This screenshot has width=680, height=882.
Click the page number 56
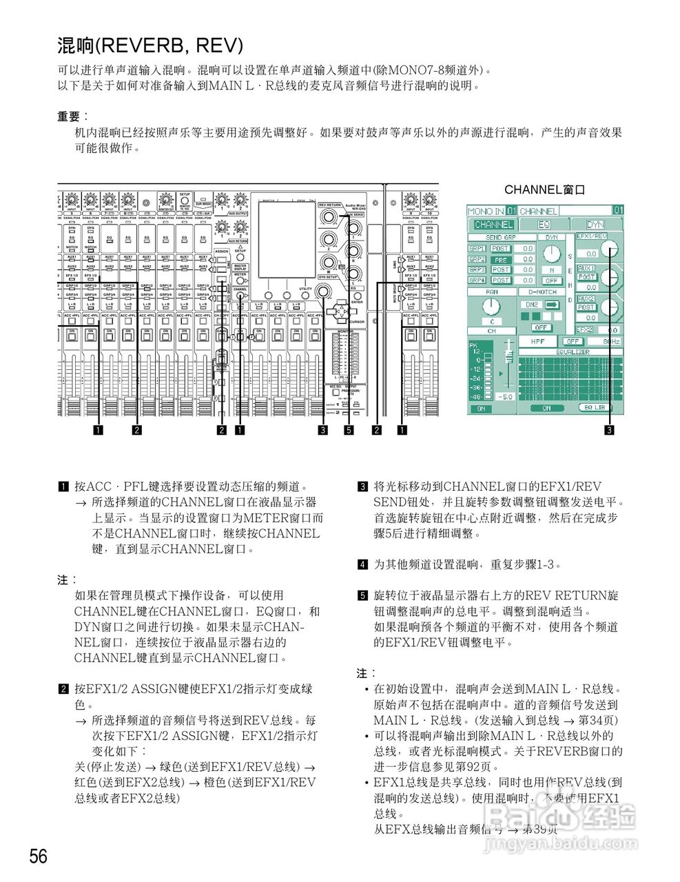(39, 857)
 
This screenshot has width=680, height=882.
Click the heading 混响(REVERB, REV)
(150, 46)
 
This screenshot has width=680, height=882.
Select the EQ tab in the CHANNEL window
(544, 225)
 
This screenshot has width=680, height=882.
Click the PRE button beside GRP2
(500, 260)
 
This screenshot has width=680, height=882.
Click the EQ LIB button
(596, 408)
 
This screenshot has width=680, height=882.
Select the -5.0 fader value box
(505, 397)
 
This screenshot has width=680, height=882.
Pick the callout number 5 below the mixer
(349, 431)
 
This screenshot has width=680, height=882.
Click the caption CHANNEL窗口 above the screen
(545, 189)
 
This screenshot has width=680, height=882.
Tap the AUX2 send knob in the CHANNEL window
(610, 307)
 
